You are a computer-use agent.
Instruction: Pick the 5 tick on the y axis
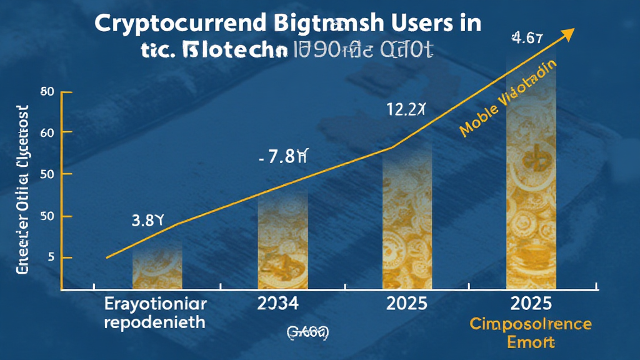coord(51,257)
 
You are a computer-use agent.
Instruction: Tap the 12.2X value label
coord(406,111)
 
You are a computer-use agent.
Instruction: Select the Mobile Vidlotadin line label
coord(509,100)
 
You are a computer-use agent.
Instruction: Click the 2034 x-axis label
coord(278,304)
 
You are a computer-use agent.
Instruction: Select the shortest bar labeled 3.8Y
coord(157,266)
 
